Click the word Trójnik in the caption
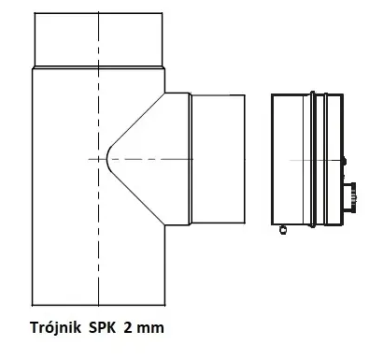pyautogui.click(x=59, y=328)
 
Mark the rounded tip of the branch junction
pyautogui.click(x=108, y=160)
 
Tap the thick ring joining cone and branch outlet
pyautogui.click(x=190, y=160)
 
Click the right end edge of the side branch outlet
pyautogui.click(x=249, y=160)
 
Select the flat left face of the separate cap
pyautogui.click(x=271, y=160)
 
